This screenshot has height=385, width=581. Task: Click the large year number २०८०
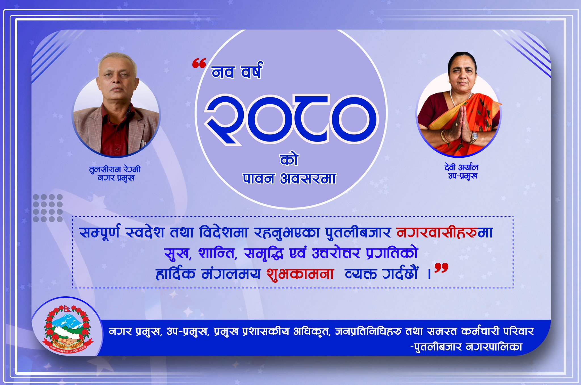point(291,119)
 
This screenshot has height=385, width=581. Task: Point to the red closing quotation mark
point(441,268)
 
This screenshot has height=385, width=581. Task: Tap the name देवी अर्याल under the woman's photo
point(461,167)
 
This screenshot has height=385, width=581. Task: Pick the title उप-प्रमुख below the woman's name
point(463,176)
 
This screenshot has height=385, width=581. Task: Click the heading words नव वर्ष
point(237,71)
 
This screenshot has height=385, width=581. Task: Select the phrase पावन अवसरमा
point(289,179)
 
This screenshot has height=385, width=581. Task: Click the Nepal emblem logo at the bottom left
point(68,329)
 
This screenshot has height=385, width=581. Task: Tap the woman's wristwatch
point(473,137)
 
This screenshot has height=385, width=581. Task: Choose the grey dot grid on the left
point(48,208)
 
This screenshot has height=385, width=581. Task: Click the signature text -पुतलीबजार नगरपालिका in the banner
point(466,347)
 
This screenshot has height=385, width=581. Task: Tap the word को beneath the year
point(289,160)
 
